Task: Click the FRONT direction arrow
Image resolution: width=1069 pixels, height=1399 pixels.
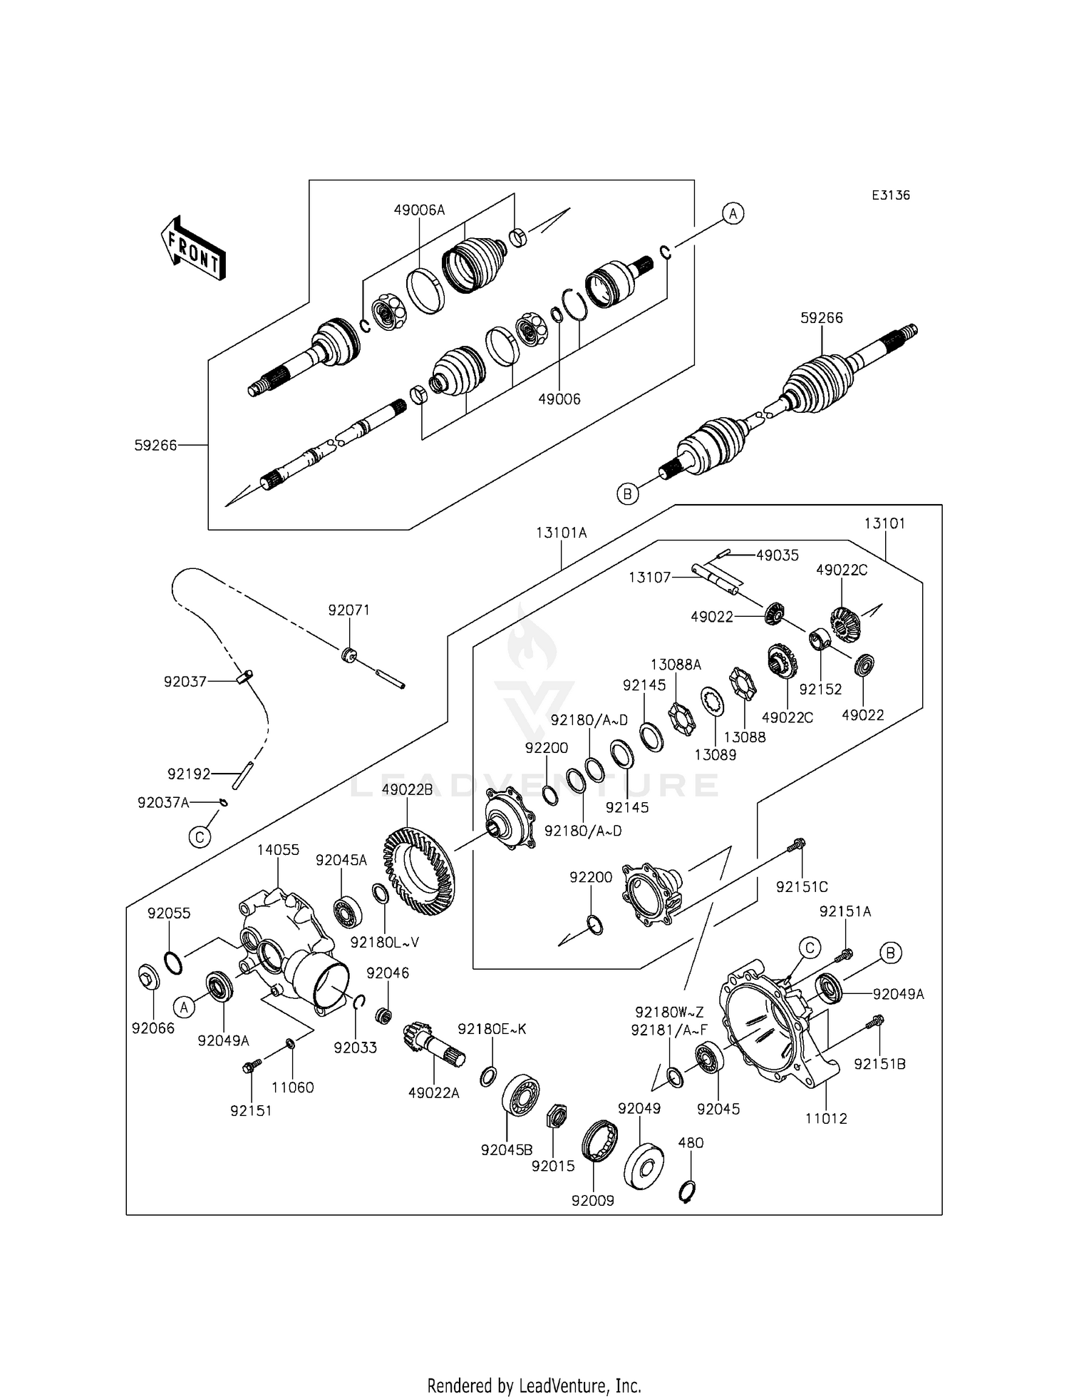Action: point(193,247)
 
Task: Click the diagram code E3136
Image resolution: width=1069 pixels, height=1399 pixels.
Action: point(890,195)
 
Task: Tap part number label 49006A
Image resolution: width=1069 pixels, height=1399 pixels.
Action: point(419,210)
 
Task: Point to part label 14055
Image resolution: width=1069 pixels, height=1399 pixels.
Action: point(278,850)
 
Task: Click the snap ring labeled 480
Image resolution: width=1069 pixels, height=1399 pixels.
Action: point(688,1192)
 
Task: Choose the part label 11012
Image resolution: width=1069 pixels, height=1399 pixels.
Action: point(826,1118)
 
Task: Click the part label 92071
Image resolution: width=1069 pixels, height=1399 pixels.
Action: point(349,610)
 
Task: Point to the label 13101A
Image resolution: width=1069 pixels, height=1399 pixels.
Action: point(562,533)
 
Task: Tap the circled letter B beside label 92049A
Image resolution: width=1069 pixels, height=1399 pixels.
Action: point(890,953)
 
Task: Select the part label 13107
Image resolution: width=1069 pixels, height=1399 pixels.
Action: point(649,577)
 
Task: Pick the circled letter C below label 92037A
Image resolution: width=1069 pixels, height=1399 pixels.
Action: point(200,836)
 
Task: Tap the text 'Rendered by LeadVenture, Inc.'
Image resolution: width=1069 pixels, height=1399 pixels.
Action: point(534,1365)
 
